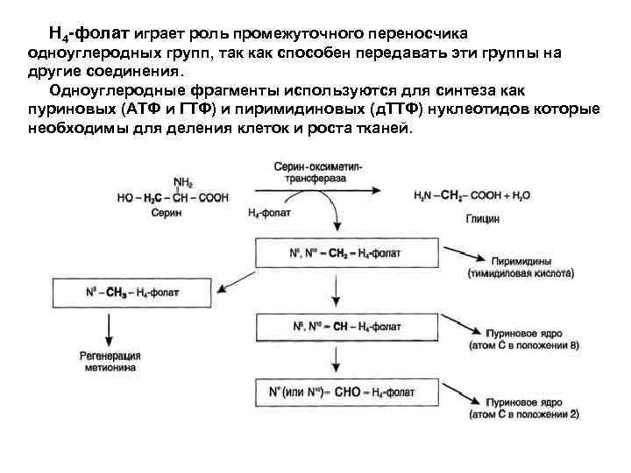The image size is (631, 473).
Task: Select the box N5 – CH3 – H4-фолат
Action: [131, 292]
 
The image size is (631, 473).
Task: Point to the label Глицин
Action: [483, 219]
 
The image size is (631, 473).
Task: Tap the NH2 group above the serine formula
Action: [183, 183]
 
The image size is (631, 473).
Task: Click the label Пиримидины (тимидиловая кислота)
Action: [524, 267]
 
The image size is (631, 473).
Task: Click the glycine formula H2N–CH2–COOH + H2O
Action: [471, 196]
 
